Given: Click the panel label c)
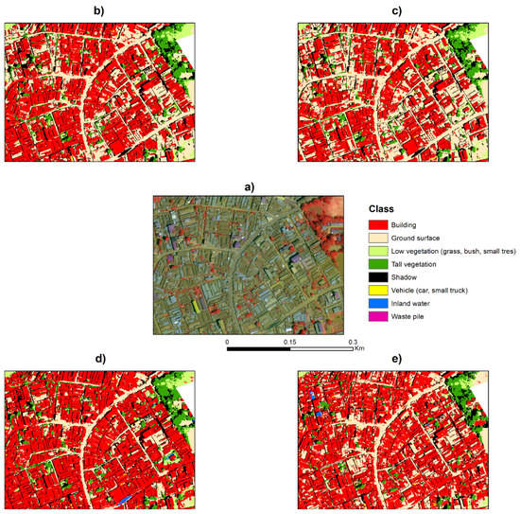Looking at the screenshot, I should [396, 10].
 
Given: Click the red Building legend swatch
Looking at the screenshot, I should [381, 224].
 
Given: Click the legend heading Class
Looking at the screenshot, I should [383, 208].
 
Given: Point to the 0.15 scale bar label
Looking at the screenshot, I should [289, 342].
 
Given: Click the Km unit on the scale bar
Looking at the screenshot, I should [359, 348].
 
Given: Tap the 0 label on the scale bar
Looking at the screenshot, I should [227, 342].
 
